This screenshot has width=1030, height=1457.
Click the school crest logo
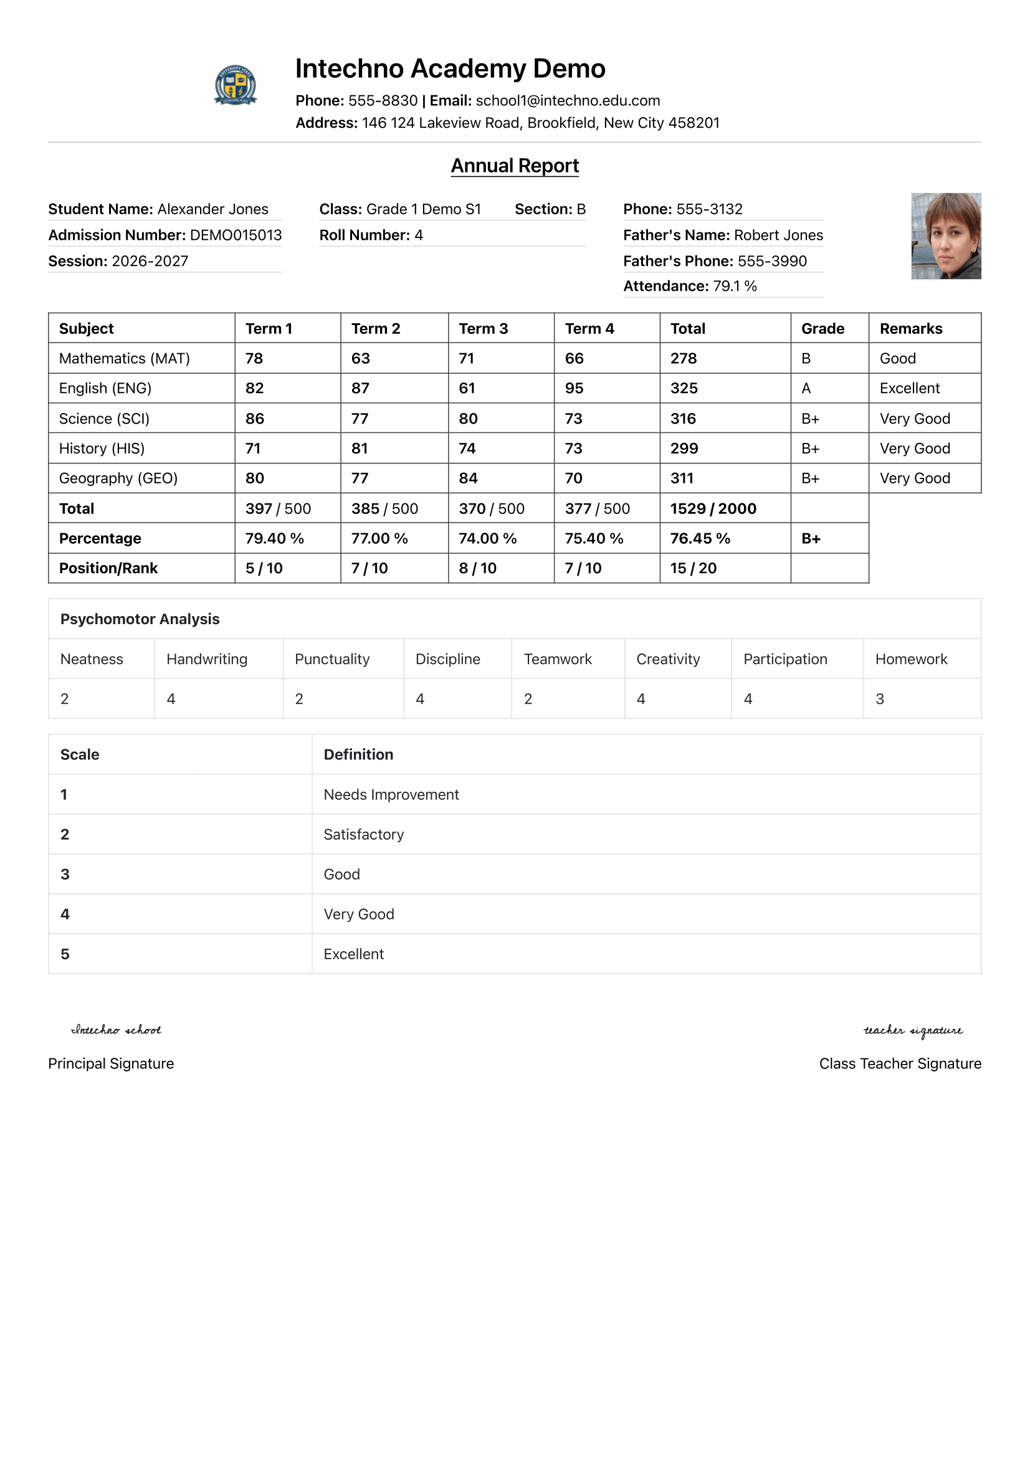[236, 84]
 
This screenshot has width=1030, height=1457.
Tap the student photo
[946, 236]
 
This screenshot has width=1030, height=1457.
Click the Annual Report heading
[515, 166]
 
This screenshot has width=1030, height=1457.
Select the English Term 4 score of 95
[574, 388]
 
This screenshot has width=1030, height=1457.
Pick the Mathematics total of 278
[684, 359]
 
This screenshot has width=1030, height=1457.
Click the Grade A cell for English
[806, 388]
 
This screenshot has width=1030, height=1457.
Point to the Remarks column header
[911, 329]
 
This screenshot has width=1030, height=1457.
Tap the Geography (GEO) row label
[118, 478]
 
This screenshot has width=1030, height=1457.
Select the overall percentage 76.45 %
[700, 539]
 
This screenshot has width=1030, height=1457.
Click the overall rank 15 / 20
[693, 569]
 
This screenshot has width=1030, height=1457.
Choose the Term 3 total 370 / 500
[491, 509]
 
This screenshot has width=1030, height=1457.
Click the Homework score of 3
[880, 700]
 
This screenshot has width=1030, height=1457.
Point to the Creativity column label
[667, 659]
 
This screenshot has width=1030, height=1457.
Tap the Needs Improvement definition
[391, 795]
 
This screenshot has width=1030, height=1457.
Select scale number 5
[65, 954]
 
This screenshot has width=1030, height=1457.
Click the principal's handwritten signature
[116, 1030]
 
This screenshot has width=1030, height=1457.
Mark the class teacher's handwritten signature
[912, 1030]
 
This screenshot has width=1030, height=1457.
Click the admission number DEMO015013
[236, 235]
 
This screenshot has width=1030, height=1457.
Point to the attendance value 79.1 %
[735, 286]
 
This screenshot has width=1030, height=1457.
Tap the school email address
[568, 101]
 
